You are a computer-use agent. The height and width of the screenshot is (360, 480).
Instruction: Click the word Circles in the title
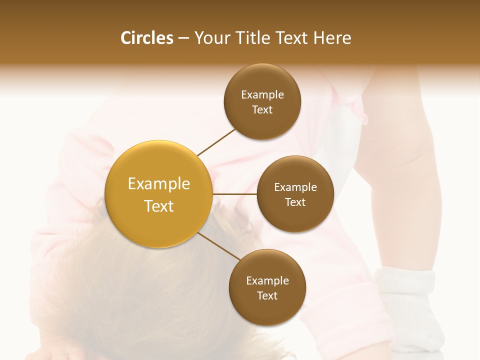coord(147,38)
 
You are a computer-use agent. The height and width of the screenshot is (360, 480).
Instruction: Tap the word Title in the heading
coord(252,38)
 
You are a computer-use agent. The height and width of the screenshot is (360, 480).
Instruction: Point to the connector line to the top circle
coord(216,142)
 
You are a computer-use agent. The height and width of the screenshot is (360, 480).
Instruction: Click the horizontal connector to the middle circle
coord(234,194)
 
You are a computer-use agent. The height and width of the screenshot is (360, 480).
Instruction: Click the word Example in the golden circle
coord(159,184)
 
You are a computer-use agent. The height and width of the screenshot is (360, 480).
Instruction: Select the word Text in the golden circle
coord(159,206)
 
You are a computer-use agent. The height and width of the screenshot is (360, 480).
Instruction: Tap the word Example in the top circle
coord(262,95)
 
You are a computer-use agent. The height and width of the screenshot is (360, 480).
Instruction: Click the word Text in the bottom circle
coord(267,296)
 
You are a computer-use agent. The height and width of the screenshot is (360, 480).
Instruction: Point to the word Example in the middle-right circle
coord(295,187)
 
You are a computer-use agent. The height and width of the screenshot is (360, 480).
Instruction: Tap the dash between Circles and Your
coord(183,38)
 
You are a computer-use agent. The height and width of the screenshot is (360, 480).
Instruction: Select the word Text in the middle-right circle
coord(295,202)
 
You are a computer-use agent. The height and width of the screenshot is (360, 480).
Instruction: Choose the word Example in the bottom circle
coord(267,281)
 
